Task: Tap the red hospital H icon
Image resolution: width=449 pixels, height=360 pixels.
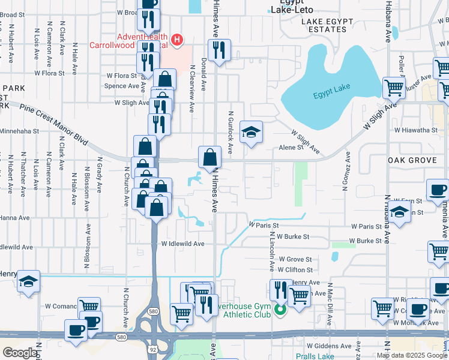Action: (177, 40)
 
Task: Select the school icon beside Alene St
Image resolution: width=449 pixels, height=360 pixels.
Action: (251, 132)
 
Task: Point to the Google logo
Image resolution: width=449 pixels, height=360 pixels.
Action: (20, 352)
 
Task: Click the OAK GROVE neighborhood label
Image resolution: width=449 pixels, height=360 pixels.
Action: (413, 160)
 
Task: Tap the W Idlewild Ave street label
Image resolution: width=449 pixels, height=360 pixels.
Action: (183, 244)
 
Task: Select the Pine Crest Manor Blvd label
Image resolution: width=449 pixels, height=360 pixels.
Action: (54, 124)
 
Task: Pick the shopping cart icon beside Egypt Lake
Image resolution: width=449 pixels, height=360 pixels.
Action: (394, 88)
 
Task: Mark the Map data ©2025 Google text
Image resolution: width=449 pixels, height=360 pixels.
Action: (412, 355)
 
